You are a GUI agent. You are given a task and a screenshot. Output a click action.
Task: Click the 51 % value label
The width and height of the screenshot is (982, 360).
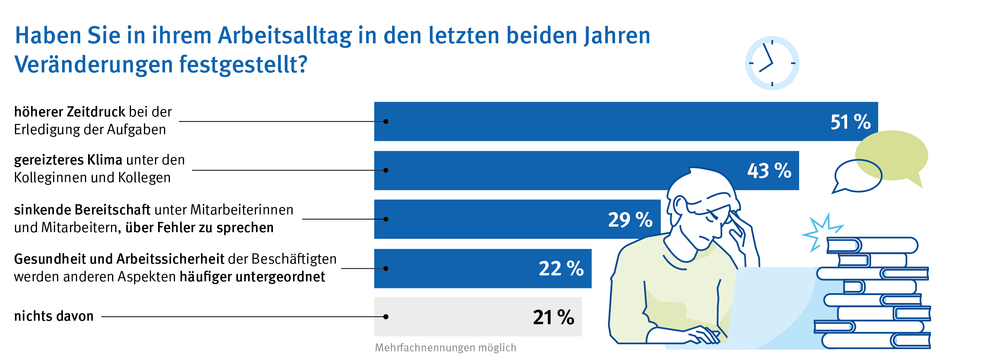click(x=850, y=122)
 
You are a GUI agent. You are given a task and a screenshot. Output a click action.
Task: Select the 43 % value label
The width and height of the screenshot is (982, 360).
click(x=769, y=171)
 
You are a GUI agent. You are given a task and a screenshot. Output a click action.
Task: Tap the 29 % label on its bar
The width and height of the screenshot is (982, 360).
click(x=630, y=220)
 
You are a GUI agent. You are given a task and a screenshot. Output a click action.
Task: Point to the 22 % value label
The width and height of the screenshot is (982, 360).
click(x=561, y=269)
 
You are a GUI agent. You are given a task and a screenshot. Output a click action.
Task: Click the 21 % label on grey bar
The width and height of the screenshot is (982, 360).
click(x=553, y=317)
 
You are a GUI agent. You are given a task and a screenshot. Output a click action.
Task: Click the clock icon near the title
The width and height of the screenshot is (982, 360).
click(x=772, y=63)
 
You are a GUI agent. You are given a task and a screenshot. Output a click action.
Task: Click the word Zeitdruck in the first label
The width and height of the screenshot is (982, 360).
click(x=96, y=112)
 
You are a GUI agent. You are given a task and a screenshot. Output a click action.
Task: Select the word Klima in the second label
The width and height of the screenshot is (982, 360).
click(x=105, y=160)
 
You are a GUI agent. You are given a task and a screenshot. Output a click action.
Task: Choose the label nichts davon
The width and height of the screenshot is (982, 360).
click(x=54, y=316)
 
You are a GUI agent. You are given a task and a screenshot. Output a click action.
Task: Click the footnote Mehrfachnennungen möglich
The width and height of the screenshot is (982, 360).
click(x=445, y=348)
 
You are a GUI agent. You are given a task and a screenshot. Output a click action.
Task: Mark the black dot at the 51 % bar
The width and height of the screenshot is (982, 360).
click(x=386, y=122)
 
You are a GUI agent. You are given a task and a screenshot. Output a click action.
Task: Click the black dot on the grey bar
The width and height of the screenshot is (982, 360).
click(x=386, y=317)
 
